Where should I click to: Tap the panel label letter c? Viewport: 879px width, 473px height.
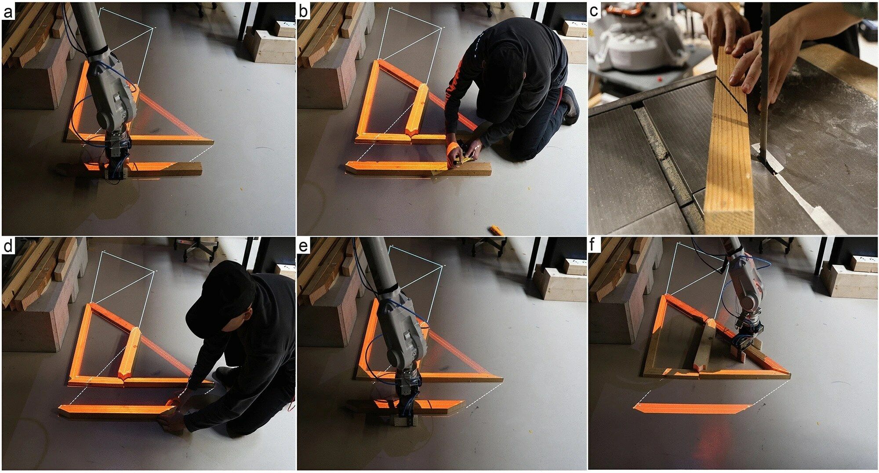[594, 12]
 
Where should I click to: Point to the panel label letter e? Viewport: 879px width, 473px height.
[303, 246]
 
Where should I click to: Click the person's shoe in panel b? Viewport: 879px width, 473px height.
[570, 105]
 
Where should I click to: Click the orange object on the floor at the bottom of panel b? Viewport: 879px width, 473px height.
[497, 230]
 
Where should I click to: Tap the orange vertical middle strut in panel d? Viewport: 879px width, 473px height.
[130, 354]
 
